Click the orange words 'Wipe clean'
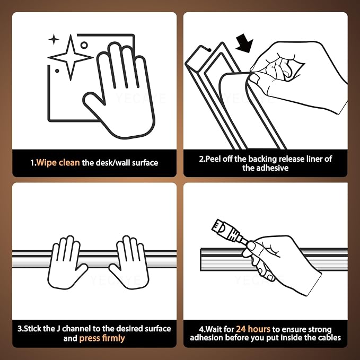[x=58, y=163]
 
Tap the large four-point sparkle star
[x=71, y=57]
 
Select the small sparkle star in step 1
[x=54, y=39]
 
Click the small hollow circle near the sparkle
[x=84, y=45]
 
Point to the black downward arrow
[x=245, y=43]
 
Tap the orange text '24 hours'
[x=253, y=329]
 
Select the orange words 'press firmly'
[x=102, y=338]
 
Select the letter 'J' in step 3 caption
[x=58, y=329]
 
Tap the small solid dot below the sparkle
[x=57, y=71]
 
